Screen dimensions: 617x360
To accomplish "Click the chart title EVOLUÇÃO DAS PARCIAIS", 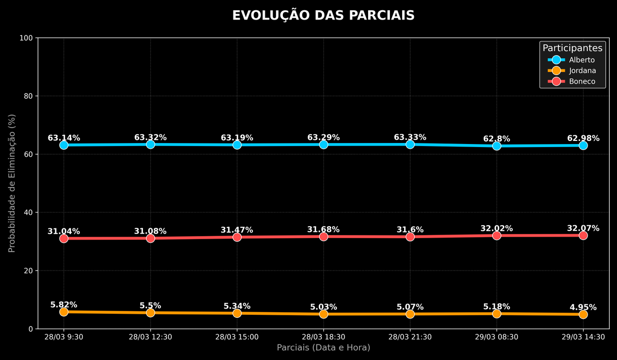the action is point(323,15).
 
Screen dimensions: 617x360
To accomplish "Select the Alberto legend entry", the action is point(571,60).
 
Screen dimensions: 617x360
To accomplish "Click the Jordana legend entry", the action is point(572,70).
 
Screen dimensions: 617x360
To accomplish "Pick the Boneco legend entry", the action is point(572,81).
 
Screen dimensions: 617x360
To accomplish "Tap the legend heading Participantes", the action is point(572,48).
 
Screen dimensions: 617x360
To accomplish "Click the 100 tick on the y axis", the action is point(26,38).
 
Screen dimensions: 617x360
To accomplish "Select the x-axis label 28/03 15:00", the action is point(237,337).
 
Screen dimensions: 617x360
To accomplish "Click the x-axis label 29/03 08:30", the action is point(497,337).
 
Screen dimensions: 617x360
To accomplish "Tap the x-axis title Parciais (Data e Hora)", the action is point(323,348).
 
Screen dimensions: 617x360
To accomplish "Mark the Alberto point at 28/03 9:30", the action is point(64,145).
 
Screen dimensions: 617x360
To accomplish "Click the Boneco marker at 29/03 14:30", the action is point(583,235).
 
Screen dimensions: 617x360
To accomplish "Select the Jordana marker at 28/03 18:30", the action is point(323,314).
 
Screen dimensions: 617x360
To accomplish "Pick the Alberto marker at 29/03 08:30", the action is point(497,146).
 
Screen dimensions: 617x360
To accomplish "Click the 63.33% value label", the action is point(410,137).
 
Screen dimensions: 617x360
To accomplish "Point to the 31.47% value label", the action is point(237,230).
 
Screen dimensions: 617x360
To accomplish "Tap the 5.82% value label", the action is point(64,305).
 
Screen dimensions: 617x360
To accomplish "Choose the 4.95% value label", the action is point(583,307).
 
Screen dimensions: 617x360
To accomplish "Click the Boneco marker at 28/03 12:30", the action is point(150,238).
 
